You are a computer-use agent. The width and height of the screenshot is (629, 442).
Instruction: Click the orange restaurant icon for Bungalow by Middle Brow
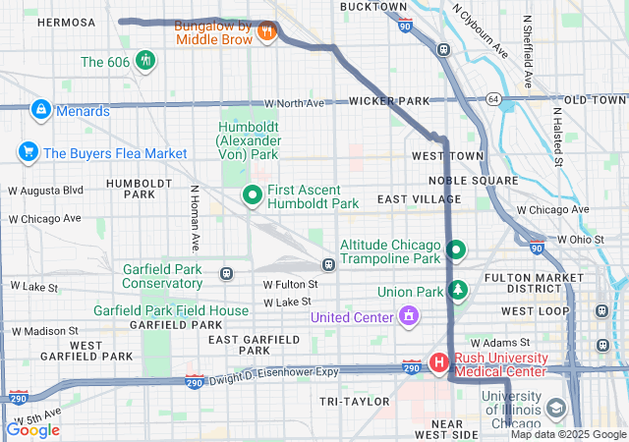pos(265,30)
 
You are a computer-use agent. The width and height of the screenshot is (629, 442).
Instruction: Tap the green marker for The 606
pos(145,61)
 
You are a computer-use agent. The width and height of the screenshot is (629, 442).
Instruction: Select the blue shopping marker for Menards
pos(41,110)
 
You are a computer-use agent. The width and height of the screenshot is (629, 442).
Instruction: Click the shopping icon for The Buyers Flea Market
pos(28,152)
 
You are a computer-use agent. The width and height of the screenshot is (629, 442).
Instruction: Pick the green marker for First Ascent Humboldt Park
pos(252,195)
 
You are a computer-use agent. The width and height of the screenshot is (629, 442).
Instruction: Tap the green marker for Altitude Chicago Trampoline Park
pos(455,250)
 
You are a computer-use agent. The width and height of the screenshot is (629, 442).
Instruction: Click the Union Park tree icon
pos(456,291)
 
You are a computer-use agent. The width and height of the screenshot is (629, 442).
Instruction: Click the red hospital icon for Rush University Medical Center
pos(438,363)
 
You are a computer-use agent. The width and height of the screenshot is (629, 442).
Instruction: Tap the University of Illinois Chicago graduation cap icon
pos(556,408)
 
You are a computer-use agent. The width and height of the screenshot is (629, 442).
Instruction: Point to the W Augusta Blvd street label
pos(46,190)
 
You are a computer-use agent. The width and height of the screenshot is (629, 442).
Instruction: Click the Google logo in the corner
pos(33,429)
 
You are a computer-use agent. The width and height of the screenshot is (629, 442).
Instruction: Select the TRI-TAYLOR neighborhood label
pos(355,402)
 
